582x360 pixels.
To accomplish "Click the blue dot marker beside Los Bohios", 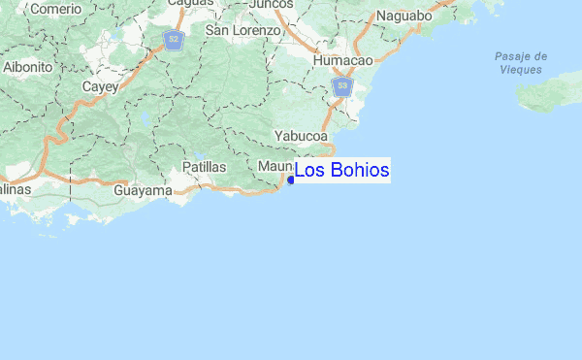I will point(291,180).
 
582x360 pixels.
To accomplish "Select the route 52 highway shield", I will point(173,40).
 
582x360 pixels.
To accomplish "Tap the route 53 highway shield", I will point(341,87).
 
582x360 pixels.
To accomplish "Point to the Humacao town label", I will point(343,60).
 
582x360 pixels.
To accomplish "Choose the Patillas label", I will point(204,167).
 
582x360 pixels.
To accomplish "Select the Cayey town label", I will point(99,86).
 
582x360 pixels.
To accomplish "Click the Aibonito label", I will point(27,67).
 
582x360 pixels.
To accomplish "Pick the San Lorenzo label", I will point(242,30).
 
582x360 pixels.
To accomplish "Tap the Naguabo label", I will point(404,16).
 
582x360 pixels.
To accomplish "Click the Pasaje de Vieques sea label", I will point(521,63).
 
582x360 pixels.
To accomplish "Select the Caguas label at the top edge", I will point(189,3).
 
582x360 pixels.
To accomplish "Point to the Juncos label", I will point(271,4).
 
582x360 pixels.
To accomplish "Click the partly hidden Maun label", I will point(275,167).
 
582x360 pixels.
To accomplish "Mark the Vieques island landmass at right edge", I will point(553,97).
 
